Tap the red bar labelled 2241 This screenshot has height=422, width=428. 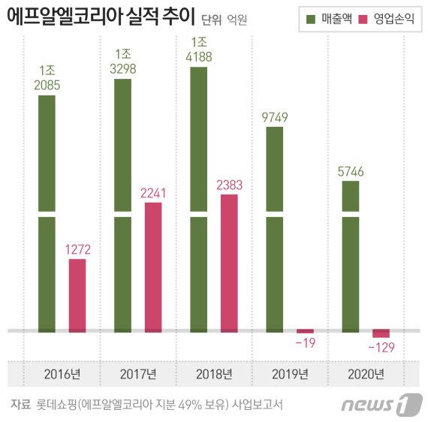(x=153, y=267)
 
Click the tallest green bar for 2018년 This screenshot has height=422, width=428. (x=199, y=199)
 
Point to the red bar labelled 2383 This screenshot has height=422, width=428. (x=229, y=263)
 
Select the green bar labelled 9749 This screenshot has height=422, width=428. (x=275, y=229)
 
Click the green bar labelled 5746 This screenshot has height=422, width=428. (x=351, y=255)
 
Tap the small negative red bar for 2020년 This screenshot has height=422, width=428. (x=381, y=333)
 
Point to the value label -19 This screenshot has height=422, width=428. (x=305, y=343)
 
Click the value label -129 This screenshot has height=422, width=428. (x=381, y=348)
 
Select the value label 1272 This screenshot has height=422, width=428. (x=77, y=249)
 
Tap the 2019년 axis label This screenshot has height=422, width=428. (x=290, y=374)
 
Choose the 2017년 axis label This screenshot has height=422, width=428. (x=138, y=374)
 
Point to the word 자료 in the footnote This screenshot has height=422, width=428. (x=20, y=404)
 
